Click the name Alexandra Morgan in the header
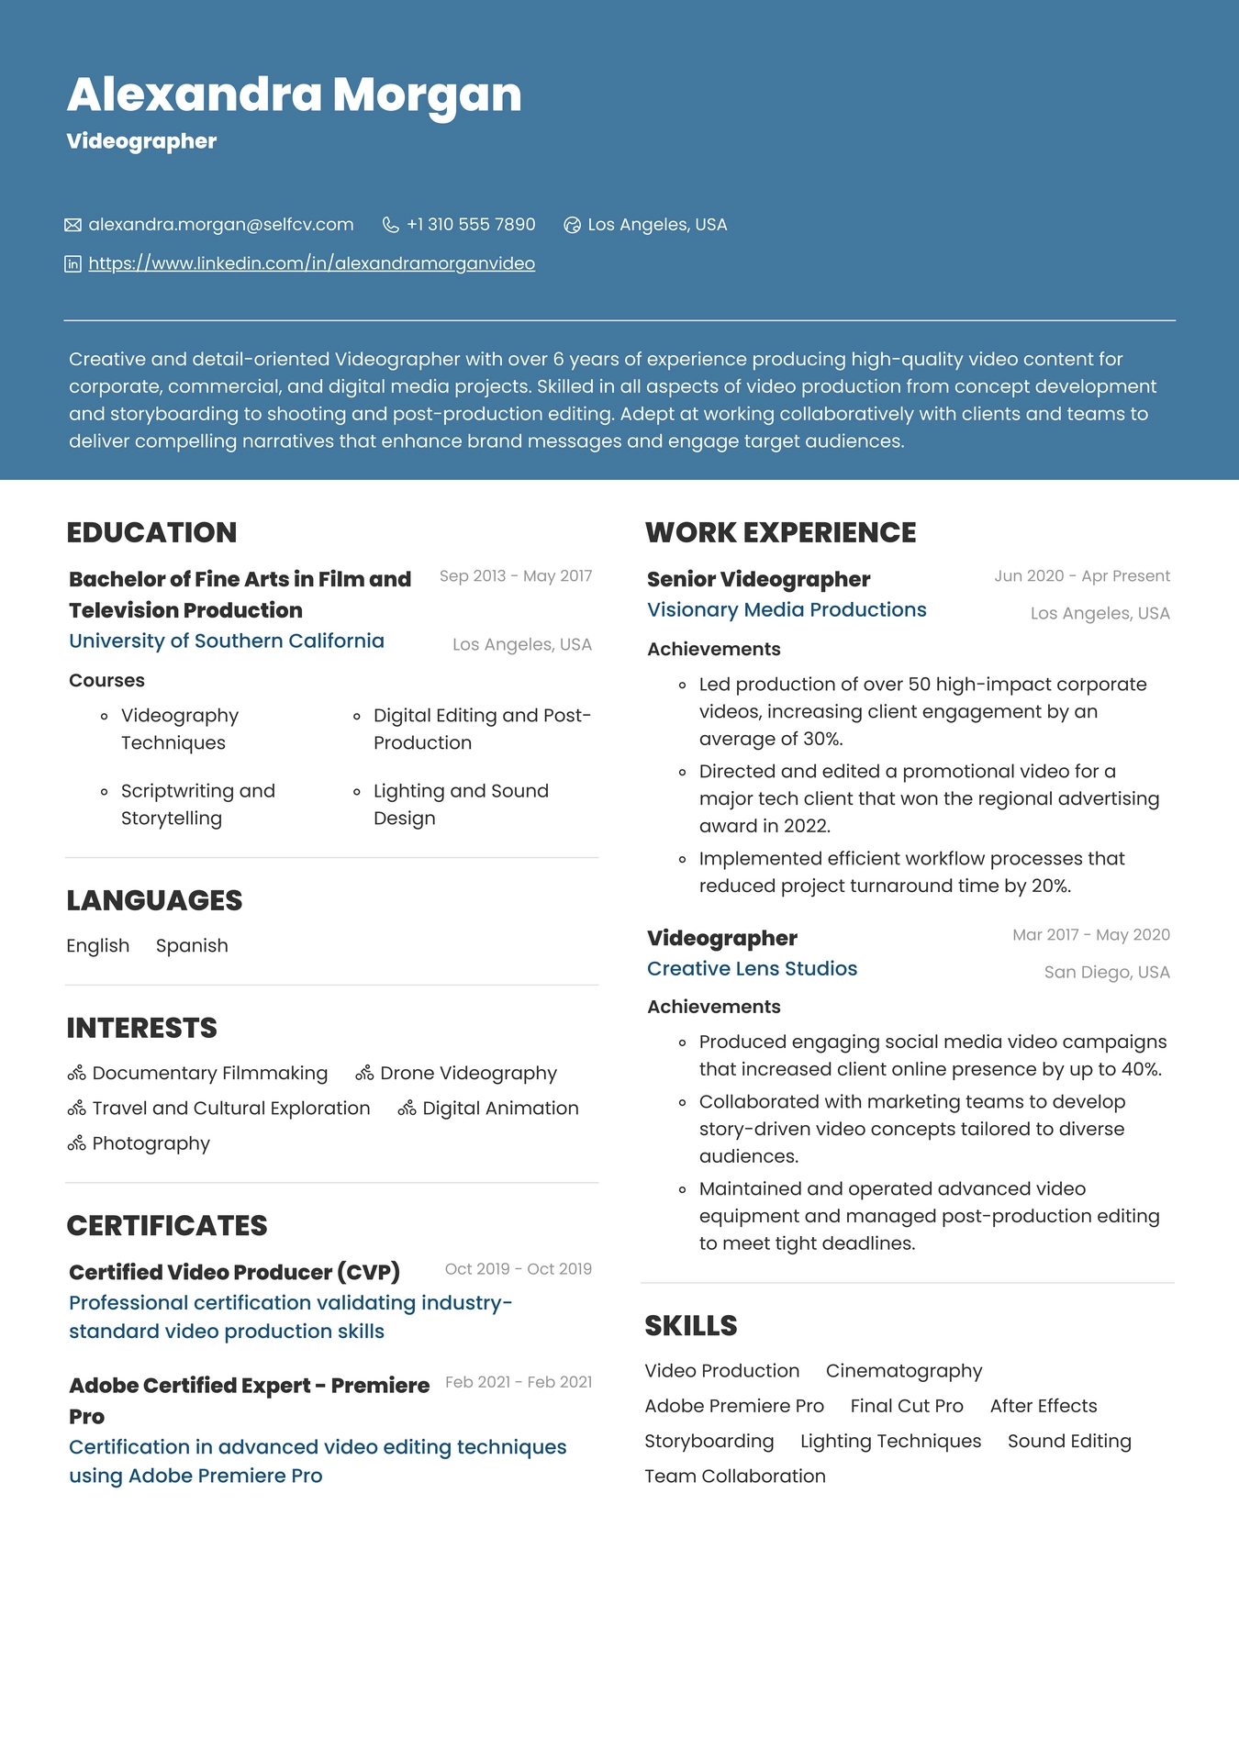[x=294, y=95]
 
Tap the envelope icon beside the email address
[x=73, y=225]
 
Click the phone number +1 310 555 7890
[x=471, y=225]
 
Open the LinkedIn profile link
[x=311, y=263]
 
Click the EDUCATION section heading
[x=151, y=532]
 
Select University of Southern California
[x=227, y=641]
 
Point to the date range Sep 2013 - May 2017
[x=515, y=576]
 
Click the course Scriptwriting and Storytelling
[x=198, y=804]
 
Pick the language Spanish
[x=192, y=945]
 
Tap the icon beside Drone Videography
[x=364, y=1073]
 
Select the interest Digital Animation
[x=500, y=1108]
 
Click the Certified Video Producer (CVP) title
[x=234, y=1272]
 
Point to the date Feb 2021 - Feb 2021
[x=519, y=1382]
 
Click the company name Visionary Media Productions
[x=787, y=609]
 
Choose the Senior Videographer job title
[x=758, y=579]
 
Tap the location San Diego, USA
[x=1107, y=972]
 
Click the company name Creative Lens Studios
[x=752, y=968]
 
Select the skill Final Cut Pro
[x=907, y=1406]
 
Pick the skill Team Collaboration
[x=735, y=1476]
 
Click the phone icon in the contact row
[x=391, y=225]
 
